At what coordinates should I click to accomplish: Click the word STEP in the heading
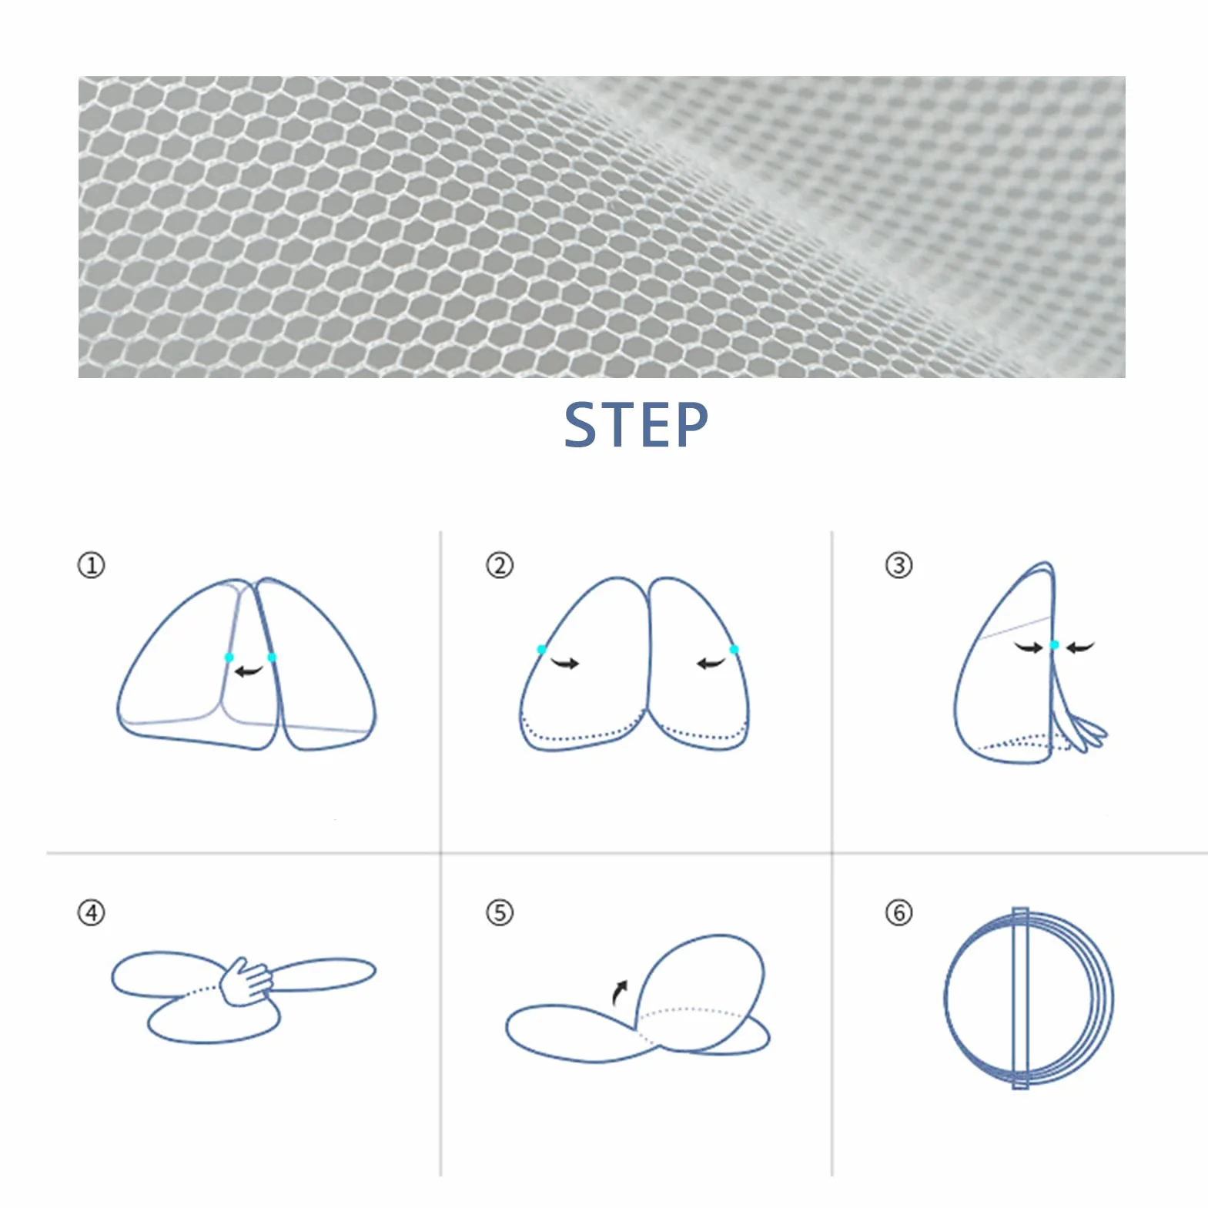(x=636, y=424)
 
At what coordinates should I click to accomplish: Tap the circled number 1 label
(x=91, y=566)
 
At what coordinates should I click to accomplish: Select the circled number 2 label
(x=499, y=566)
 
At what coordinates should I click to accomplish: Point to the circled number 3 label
(x=898, y=566)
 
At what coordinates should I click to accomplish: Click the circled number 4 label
(x=91, y=913)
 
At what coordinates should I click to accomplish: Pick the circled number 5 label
(x=499, y=913)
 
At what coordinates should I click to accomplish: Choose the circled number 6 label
(x=898, y=913)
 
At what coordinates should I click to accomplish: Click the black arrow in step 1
(x=249, y=671)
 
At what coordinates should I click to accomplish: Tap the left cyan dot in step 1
(x=229, y=658)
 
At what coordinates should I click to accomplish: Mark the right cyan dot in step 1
(x=272, y=658)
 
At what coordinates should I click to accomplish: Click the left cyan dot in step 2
(x=542, y=650)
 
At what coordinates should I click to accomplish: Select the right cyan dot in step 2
(x=734, y=650)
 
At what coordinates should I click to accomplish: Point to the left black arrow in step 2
(x=565, y=663)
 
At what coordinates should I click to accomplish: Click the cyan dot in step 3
(x=1054, y=645)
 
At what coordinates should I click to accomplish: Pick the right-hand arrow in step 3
(x=1080, y=648)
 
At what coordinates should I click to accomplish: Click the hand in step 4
(x=246, y=981)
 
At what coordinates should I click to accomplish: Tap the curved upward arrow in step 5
(x=620, y=992)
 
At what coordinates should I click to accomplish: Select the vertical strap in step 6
(x=1020, y=998)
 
